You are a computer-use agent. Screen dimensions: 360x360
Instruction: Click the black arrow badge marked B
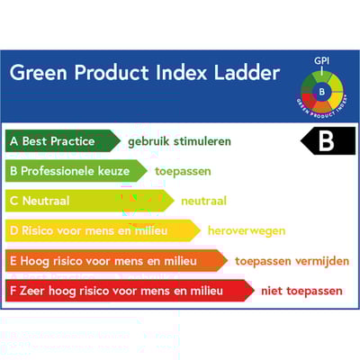click(328, 141)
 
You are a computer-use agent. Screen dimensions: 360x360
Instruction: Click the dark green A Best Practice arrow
click(61, 141)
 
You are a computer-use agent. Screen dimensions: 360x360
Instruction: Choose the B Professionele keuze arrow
click(76, 171)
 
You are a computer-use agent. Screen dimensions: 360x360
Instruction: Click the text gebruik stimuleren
click(179, 141)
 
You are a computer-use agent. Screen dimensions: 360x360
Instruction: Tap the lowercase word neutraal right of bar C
click(203, 201)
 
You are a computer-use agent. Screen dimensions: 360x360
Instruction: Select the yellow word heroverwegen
click(246, 230)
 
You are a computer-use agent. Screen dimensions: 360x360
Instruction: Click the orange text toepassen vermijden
click(292, 261)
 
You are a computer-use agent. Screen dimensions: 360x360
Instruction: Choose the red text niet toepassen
click(301, 291)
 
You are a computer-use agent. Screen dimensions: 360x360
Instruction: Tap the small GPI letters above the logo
click(321, 61)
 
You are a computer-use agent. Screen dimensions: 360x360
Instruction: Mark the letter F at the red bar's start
click(13, 291)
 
